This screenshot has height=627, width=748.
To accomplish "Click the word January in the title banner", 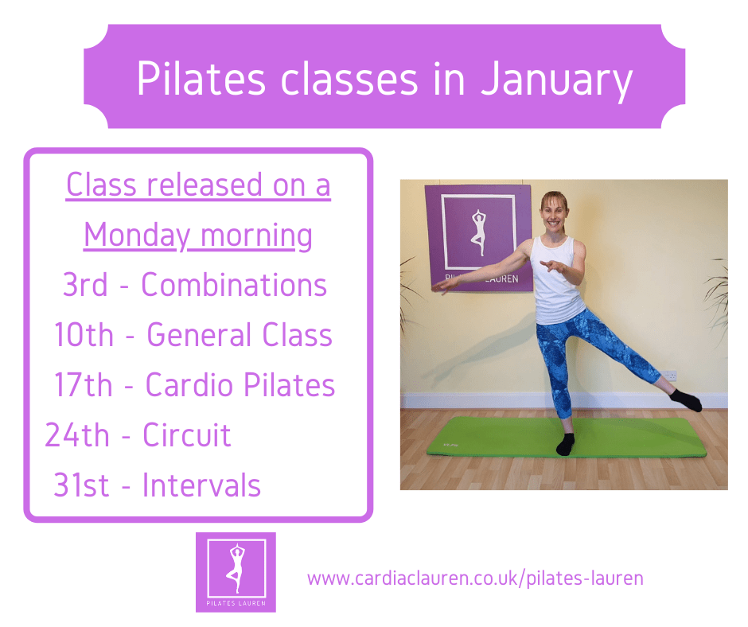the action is [x=557, y=80].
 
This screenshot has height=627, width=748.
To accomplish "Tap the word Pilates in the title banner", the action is [x=201, y=79].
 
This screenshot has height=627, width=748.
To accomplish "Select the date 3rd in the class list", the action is [x=85, y=285].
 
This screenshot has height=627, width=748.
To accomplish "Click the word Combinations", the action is [x=234, y=285].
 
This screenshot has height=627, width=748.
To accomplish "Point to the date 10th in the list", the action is [x=84, y=334].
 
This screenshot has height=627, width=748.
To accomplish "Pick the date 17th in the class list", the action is [x=84, y=384].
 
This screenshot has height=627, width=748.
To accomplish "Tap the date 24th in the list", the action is [x=77, y=434].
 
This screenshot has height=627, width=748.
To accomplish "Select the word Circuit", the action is [x=187, y=434].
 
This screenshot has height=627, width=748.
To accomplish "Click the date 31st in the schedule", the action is [x=81, y=485].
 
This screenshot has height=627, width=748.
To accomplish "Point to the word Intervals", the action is [x=202, y=485].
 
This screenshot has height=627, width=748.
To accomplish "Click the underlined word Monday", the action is [x=137, y=236].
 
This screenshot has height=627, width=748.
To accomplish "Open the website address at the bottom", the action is [x=475, y=578].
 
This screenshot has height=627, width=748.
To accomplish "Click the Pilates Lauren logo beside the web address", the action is [x=236, y=572].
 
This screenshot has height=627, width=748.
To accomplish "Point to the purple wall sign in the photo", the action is [x=478, y=238].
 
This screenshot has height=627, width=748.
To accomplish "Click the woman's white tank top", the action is [x=556, y=281].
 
